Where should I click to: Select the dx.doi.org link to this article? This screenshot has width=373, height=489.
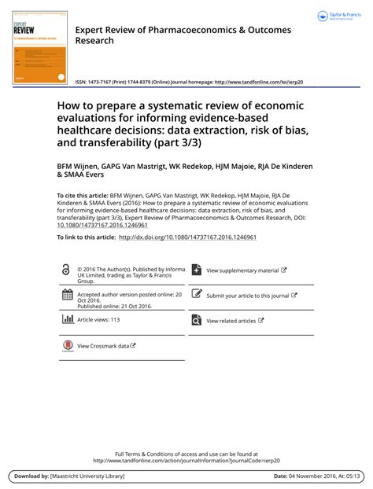(x=187, y=237)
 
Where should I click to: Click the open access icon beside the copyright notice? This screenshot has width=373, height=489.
(x=66, y=270)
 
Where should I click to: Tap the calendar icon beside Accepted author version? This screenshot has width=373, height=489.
(x=67, y=296)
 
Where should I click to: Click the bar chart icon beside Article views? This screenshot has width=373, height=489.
(x=67, y=319)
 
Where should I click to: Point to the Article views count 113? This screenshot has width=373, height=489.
(x=115, y=320)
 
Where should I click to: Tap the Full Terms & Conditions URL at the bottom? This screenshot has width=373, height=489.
(x=186, y=461)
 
